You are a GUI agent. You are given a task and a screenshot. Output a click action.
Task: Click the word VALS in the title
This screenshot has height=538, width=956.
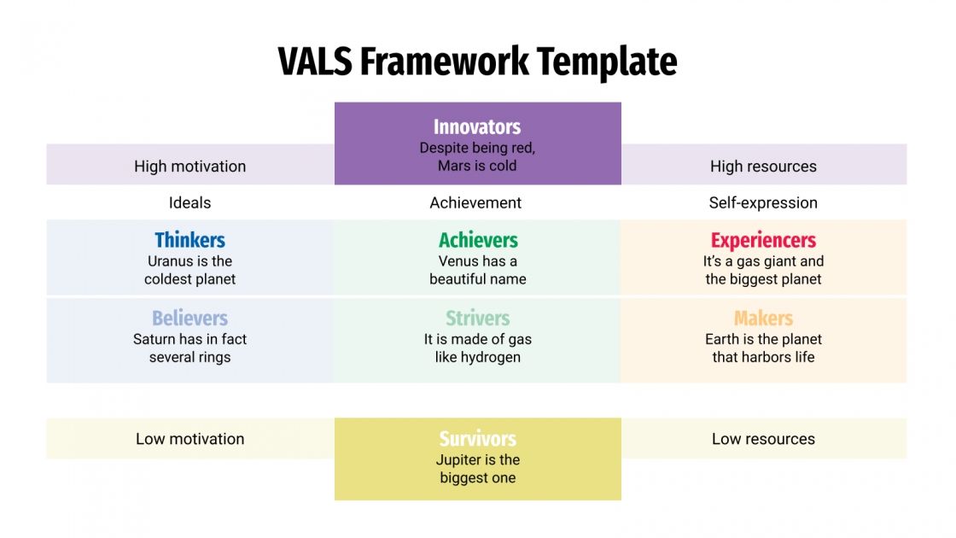(314, 62)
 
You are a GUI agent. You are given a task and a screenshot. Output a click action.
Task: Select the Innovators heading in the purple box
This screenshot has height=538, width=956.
(477, 127)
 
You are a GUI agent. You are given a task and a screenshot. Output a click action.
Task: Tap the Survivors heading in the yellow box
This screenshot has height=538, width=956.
(477, 439)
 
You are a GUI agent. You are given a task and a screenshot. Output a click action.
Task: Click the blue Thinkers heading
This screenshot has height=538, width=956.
(189, 240)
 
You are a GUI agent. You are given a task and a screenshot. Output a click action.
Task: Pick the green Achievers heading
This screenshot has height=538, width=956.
(478, 240)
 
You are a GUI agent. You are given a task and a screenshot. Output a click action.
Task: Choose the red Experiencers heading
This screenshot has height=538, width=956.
(763, 240)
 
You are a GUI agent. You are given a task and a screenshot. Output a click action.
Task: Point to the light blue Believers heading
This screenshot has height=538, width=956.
(189, 319)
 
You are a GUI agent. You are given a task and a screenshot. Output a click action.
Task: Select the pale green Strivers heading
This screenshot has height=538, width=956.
(477, 319)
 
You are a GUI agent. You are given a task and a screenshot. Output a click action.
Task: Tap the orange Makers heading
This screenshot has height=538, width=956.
(763, 319)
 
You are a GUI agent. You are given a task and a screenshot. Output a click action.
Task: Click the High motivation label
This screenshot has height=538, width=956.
(189, 167)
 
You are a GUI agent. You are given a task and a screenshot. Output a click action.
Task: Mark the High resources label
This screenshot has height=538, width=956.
(763, 167)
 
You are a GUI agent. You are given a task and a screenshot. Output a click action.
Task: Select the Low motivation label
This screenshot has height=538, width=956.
(189, 439)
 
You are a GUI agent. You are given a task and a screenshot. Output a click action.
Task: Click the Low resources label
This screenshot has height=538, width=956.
(763, 439)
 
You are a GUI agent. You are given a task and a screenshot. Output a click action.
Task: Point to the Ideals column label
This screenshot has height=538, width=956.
(189, 203)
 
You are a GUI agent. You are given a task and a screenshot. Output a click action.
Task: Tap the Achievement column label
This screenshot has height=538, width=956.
(475, 203)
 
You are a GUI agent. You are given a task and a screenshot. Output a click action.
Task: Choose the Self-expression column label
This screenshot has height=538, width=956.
(763, 203)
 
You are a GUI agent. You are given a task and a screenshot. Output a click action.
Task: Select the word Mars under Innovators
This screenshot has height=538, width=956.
(454, 166)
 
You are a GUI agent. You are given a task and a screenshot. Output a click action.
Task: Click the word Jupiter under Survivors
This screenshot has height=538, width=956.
(459, 460)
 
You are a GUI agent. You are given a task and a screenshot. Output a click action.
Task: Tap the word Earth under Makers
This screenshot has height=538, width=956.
(723, 339)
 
